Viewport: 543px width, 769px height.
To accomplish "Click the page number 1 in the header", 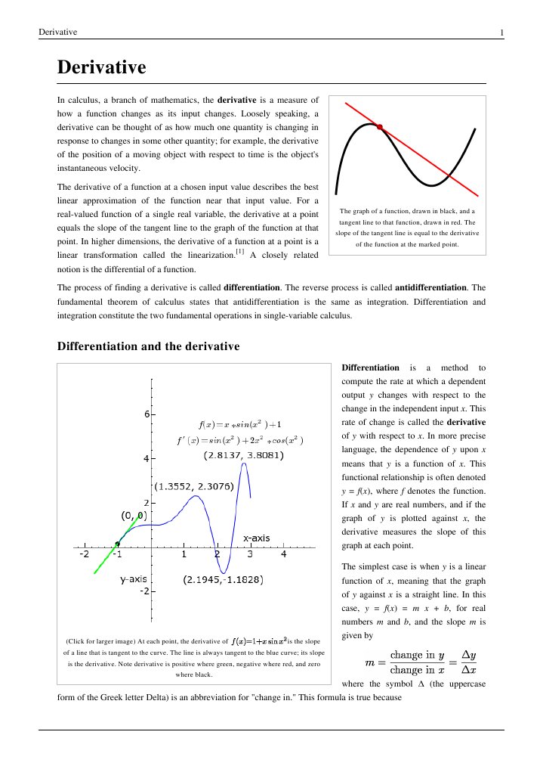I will point(501,32).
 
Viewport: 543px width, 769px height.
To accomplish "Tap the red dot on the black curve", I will point(380,126).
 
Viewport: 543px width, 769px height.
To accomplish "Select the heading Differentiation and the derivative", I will point(148,347).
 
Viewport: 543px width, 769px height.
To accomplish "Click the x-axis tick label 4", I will point(284,554).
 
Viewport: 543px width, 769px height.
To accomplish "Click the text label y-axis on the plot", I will point(133,580).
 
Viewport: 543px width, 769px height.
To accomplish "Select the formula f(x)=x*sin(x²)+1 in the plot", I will point(239,423).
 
